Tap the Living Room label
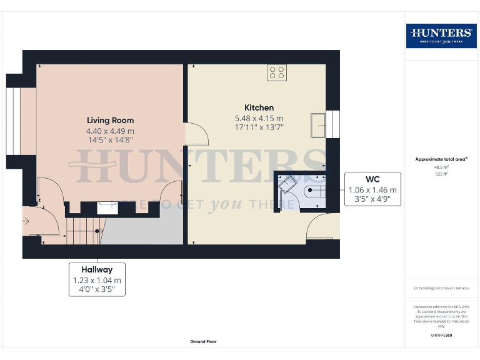coord(110,120)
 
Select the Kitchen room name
coord(259,107)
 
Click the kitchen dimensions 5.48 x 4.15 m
coord(259,118)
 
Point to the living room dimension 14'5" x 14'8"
coord(110,140)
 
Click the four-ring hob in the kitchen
coord(277,73)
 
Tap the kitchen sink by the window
coord(318,125)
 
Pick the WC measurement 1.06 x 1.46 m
coord(373,189)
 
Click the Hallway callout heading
coord(97,269)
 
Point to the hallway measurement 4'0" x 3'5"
coord(97,289)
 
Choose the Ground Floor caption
coord(204,342)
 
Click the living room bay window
coord(13,121)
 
